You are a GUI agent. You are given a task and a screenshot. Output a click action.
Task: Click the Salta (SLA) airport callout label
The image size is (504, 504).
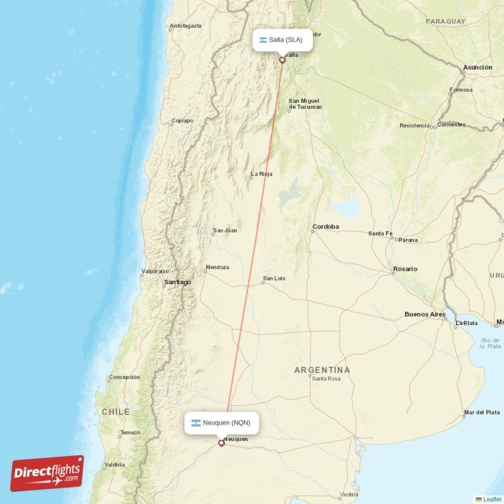pyautogui.click(x=282, y=40)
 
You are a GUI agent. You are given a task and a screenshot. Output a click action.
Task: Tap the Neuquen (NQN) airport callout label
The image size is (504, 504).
pyautogui.click(x=222, y=423)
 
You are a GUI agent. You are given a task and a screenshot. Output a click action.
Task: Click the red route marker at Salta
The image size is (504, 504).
pyautogui.click(x=282, y=60)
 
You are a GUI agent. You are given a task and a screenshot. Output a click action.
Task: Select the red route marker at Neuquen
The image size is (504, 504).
pyautogui.click(x=220, y=443)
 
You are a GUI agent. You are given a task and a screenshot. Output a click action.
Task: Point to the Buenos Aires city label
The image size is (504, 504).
pyautogui.click(x=425, y=314)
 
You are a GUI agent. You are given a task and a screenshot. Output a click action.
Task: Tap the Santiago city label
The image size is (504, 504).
pyautogui.click(x=177, y=282)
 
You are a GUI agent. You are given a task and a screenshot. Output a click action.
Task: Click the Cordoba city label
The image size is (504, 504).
pyautogui.click(x=326, y=227)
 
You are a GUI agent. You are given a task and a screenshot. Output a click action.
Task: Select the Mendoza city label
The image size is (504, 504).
pyautogui.click(x=217, y=267)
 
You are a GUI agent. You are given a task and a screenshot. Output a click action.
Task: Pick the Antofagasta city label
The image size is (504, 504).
pyautogui.click(x=185, y=26)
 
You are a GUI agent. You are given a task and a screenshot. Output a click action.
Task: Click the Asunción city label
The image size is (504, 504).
pyautogui.click(x=477, y=67)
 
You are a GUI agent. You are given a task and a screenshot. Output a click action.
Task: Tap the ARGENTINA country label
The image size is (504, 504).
pyautogui.click(x=322, y=370)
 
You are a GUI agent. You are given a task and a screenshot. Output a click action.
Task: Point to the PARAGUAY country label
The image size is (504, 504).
pyautogui.click(x=445, y=21)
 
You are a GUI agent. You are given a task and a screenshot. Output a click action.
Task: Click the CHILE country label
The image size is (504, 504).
pyautogui.click(x=116, y=411)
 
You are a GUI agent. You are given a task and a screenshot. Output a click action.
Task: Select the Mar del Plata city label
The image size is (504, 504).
pyautogui.click(x=481, y=413)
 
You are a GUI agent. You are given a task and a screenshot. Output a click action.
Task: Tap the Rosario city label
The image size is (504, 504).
pyautogui.click(x=404, y=269)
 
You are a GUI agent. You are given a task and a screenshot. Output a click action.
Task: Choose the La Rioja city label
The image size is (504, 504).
pyautogui.click(x=261, y=174)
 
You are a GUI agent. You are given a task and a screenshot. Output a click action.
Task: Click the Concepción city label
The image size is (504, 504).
pyautogui.click(x=124, y=377)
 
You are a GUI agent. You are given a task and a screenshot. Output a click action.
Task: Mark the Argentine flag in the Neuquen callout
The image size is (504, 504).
pyautogui.click(x=196, y=423)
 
